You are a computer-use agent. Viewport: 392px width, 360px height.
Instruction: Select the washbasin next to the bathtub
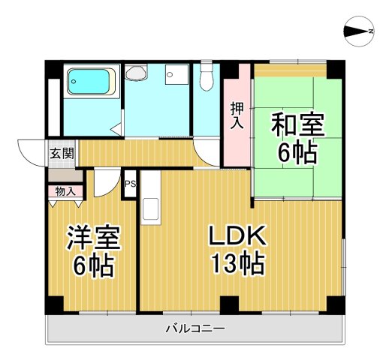pyautogui.click(x=137, y=73)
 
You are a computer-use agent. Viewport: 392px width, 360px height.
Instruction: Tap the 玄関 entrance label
pyautogui.click(x=62, y=154)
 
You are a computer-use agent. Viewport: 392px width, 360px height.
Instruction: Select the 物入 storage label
pyautogui.click(x=65, y=191)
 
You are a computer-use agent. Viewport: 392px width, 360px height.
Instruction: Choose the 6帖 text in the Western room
pyautogui.click(x=93, y=265)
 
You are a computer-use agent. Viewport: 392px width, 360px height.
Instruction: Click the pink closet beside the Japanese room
pyautogui.click(x=237, y=124)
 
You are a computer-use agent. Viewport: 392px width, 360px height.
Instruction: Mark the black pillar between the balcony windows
pyautogui.click(x=230, y=304)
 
